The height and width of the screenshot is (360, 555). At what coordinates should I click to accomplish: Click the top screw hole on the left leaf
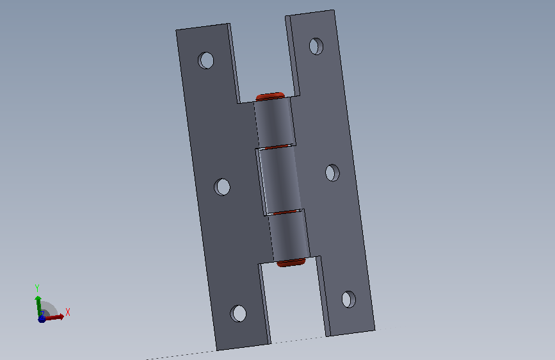(205, 60)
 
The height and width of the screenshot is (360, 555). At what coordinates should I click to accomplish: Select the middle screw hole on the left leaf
(222, 187)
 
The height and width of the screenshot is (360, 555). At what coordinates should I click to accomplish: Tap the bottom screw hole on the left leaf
(238, 313)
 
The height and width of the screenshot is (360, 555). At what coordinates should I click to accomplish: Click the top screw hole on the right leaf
(316, 46)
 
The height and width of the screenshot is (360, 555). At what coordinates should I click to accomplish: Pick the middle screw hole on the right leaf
(332, 172)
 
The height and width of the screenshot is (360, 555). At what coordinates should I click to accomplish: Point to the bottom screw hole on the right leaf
(349, 299)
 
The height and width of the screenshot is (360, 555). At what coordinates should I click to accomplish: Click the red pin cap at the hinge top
(270, 96)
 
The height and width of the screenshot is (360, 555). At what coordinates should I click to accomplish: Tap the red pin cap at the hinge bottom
(291, 263)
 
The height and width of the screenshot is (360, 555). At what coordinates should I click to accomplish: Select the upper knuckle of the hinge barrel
(275, 122)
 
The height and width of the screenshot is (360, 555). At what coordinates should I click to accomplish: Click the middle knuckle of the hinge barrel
(280, 181)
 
